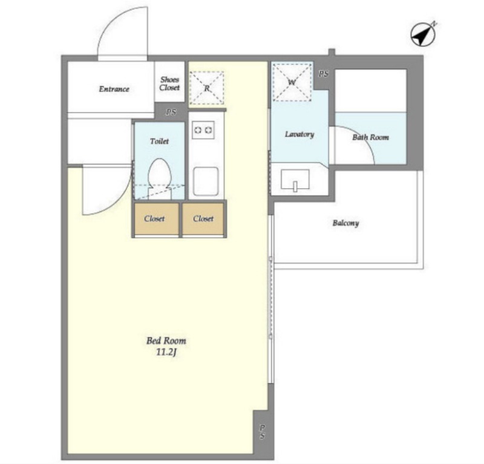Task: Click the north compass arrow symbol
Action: coord(423,34)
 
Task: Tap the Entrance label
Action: coord(114,89)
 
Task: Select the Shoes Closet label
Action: coord(169,83)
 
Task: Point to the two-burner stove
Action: coord(203,130)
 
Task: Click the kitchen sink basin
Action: coord(206,181)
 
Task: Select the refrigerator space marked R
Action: coord(206,88)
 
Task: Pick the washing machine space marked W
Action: coord(292,82)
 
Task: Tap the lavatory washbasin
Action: coord(295,180)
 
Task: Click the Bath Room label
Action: coord(370,137)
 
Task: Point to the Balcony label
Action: coord(345,223)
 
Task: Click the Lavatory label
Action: coord(299,134)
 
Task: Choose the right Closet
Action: coord(203,218)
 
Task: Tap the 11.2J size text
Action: coord(166,352)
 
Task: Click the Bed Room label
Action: coord(166,341)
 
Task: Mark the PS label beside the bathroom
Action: coord(324,74)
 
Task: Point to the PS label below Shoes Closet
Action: coord(171,112)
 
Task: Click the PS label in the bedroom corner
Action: coord(262,431)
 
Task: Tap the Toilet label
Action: coord(159,141)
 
